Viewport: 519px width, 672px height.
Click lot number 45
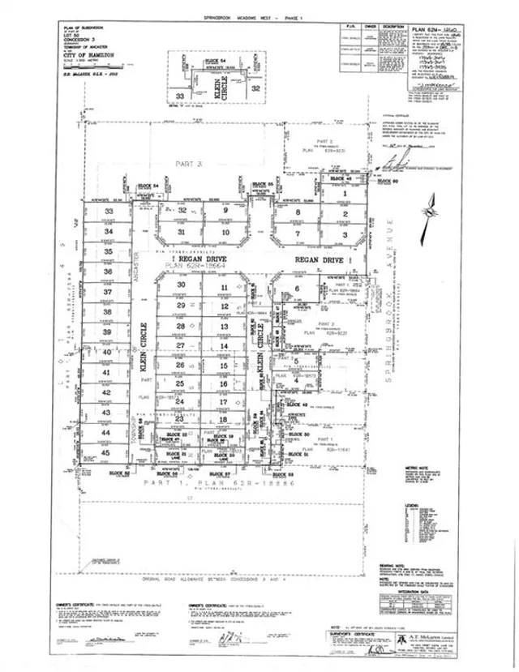click(x=107, y=452)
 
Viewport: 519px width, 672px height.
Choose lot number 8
click(x=298, y=213)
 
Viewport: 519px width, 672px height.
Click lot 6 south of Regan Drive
click(x=298, y=289)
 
